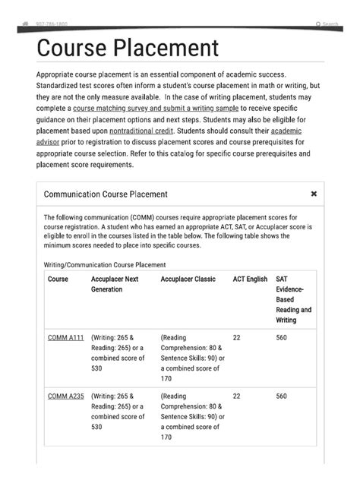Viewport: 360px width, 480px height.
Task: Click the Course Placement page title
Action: coord(128,49)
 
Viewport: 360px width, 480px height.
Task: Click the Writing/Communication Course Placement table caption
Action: coord(105,264)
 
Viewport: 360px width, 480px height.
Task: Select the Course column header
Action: coord(58,279)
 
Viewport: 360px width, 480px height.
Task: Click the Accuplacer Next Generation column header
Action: coord(114,284)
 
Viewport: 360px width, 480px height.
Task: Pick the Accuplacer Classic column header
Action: coord(188,279)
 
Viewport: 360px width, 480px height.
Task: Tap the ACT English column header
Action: coord(250,279)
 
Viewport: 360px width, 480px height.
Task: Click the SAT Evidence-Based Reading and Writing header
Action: coord(293,299)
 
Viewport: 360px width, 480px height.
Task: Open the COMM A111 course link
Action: coord(65,337)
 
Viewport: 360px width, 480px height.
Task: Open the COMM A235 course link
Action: coord(65,396)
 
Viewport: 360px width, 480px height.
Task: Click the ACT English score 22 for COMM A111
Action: coord(236,337)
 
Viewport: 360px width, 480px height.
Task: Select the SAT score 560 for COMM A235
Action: coord(281,396)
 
